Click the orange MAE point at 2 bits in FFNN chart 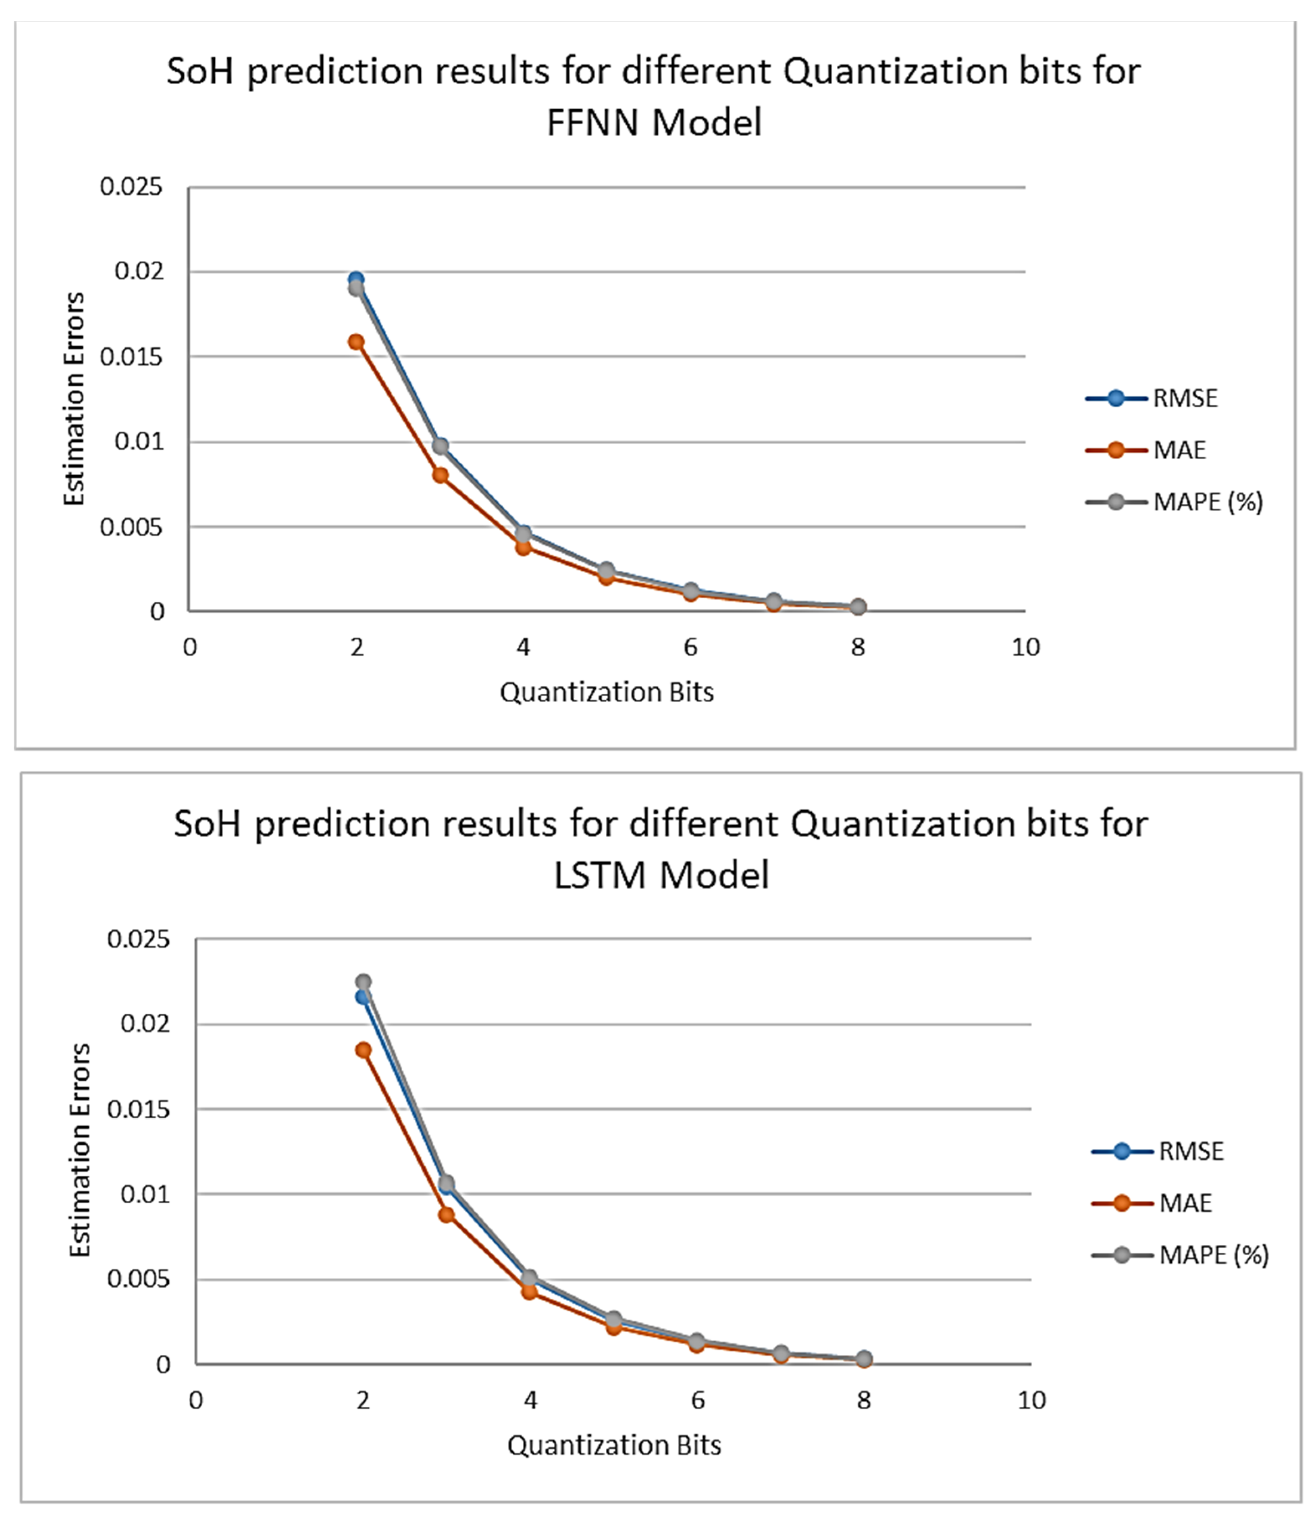356,342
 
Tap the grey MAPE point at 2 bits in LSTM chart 363,981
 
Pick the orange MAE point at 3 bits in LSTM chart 447,1215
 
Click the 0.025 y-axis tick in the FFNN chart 131,187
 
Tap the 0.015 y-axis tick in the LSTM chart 138,1110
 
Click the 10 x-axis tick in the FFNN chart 1025,647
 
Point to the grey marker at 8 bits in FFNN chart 858,607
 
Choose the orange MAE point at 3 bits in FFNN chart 440,475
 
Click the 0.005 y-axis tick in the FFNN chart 131,527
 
